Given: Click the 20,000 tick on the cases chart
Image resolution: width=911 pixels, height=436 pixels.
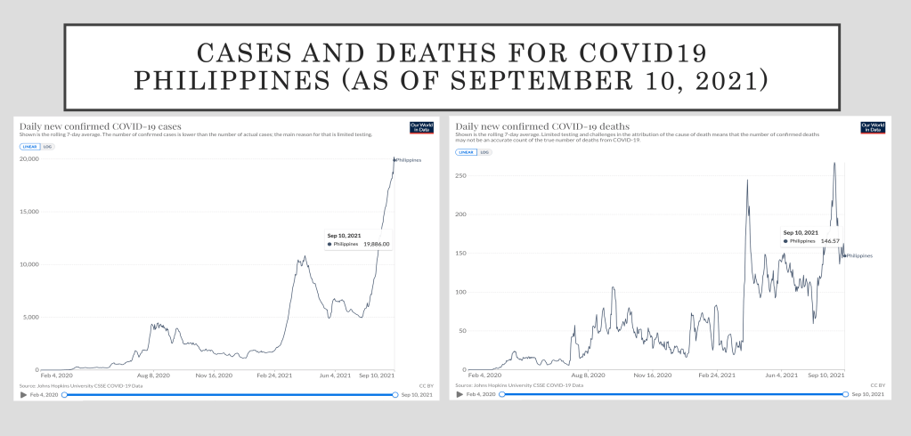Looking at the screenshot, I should (29, 159).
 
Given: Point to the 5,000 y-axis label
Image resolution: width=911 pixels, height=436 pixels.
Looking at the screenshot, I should (31, 317).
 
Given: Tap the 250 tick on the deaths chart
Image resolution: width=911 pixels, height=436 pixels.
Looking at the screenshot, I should (460, 175).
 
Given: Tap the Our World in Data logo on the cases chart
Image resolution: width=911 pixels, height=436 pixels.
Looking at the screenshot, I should (419, 127).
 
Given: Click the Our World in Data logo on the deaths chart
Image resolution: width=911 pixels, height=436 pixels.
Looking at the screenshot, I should (873, 127).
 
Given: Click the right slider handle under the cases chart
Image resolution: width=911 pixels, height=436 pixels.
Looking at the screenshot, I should (394, 393).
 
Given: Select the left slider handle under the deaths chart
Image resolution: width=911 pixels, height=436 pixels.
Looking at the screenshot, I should (501, 393).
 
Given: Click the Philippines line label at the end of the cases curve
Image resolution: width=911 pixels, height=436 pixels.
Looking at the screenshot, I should (409, 160).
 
